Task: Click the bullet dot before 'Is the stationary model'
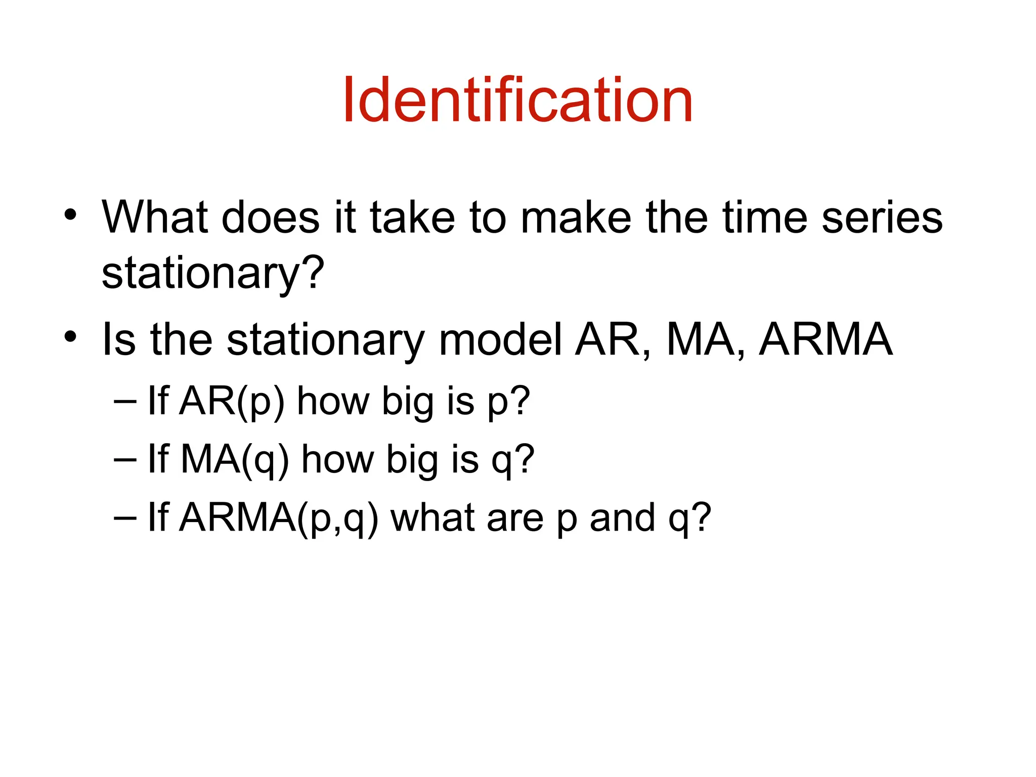click(70, 336)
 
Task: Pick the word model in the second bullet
click(500, 339)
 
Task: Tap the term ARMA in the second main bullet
click(826, 339)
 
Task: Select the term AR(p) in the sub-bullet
click(232, 401)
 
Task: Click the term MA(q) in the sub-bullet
click(235, 459)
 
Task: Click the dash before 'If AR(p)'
click(125, 401)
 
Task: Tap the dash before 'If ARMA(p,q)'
click(125, 517)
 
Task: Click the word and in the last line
click(622, 517)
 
